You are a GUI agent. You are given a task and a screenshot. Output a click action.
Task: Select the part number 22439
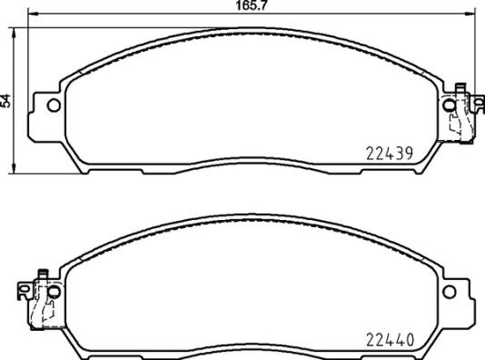(x=389, y=154)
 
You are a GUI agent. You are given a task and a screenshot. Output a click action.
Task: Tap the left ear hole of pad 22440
(x=53, y=292)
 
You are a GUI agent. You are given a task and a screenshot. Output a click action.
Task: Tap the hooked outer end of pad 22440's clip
(x=23, y=291)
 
